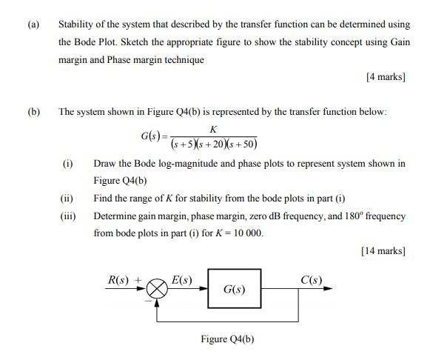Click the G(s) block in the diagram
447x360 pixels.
pyautogui.click(x=234, y=289)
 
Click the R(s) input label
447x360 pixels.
pyautogui.click(x=121, y=279)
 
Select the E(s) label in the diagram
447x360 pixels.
pyautogui.click(x=181, y=279)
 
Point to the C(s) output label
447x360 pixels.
pyautogui.click(x=311, y=279)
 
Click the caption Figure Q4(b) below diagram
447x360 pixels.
pyautogui.click(x=227, y=339)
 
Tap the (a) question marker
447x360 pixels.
pyautogui.click(x=33, y=24)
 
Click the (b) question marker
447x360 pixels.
pyautogui.click(x=33, y=111)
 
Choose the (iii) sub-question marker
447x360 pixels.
pyautogui.click(x=68, y=216)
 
